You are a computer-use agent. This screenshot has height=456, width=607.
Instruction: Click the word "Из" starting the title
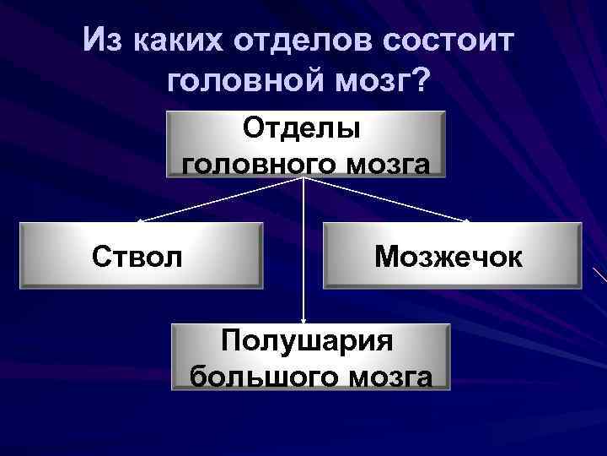[x=104, y=41]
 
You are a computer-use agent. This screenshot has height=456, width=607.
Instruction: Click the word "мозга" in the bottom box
[x=394, y=376]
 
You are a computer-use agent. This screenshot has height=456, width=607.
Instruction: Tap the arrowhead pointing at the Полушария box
[x=304, y=318]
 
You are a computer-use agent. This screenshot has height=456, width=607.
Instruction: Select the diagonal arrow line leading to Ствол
[x=219, y=199]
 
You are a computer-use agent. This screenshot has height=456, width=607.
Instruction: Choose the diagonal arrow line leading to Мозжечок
[x=388, y=199]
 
